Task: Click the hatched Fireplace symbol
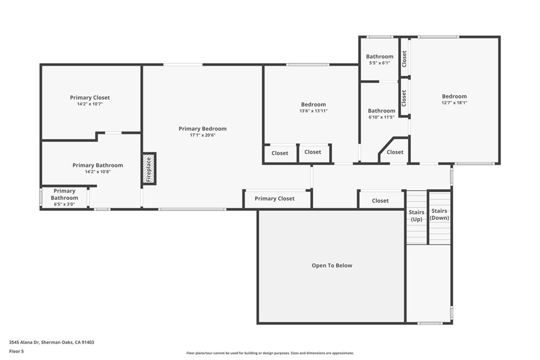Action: point(149,169)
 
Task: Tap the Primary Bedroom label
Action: point(202,129)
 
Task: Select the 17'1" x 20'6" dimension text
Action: point(202,135)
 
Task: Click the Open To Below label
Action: point(332,266)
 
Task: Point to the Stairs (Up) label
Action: point(417,216)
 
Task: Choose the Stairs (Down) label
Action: point(440,214)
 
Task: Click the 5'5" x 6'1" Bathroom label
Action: point(380,56)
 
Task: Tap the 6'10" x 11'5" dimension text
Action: point(381,117)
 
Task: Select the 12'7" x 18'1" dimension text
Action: point(454,103)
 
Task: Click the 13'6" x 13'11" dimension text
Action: point(313,111)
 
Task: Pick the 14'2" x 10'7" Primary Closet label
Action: point(90,98)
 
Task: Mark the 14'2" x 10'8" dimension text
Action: point(98,172)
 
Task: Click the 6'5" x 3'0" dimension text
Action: point(64,204)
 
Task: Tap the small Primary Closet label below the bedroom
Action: point(275,199)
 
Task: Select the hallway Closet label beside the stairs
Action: point(380,201)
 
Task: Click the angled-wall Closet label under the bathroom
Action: point(395,152)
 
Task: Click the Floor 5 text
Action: point(16,351)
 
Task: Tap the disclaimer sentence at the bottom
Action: point(270,353)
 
